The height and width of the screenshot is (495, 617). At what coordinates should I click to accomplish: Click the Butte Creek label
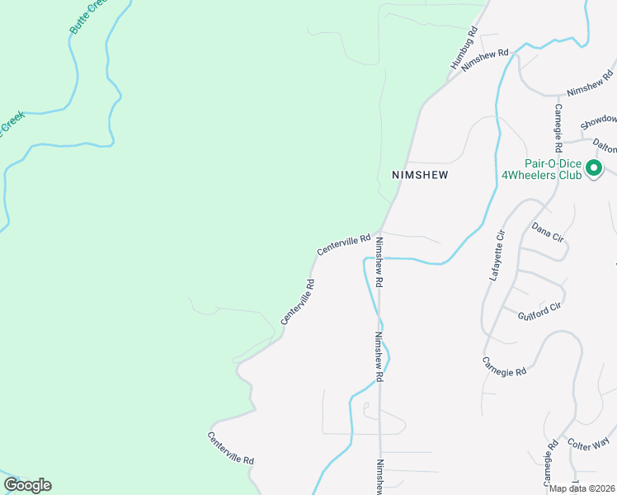(x=90, y=16)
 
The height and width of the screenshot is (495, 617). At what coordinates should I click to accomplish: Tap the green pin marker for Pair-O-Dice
(x=594, y=169)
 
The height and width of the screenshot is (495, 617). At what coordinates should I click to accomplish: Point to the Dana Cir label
(x=548, y=231)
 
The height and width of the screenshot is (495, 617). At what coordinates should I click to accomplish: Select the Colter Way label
(x=588, y=443)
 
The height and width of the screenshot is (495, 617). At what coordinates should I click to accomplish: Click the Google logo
(x=27, y=485)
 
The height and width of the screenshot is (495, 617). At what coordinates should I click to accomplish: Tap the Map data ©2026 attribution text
(x=582, y=488)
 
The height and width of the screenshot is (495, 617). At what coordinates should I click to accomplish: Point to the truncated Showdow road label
(x=598, y=120)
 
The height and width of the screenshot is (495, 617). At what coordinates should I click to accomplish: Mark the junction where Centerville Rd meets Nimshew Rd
(x=379, y=232)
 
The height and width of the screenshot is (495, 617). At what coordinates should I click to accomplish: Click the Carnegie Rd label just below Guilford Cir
(x=504, y=366)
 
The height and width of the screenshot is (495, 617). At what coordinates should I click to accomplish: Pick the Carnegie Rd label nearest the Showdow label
(x=558, y=128)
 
